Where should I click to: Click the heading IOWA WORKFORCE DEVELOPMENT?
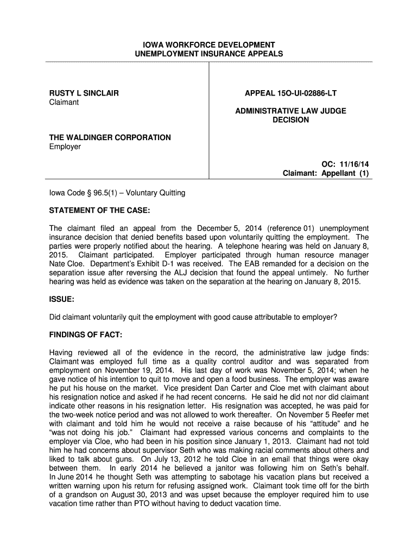click(209, 45)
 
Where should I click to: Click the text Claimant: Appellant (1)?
click(326, 173)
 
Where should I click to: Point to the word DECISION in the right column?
click(290, 120)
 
